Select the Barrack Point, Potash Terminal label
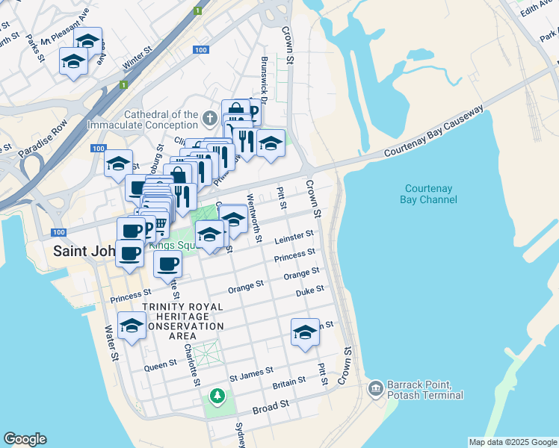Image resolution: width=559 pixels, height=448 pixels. coord(424,390)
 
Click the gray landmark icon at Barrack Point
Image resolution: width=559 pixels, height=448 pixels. coord(375,388)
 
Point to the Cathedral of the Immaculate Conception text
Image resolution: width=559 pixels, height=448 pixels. coord(143,119)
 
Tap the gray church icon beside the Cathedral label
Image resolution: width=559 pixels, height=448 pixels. coord(211,119)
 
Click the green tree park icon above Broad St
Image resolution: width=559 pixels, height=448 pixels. coord(217,395)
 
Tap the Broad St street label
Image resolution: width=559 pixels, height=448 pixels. coord(271,406)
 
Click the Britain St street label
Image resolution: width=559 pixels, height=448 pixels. coord(289,382)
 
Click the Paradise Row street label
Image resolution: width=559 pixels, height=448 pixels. coord(43,137)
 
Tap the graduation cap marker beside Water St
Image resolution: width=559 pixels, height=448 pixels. coord(132,326)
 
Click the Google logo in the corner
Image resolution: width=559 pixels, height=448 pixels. coord(25,439)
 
